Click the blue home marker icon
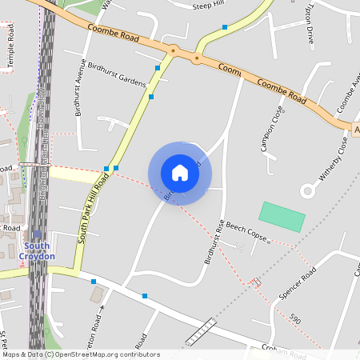[x=180, y=172]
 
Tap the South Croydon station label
[x=38, y=250]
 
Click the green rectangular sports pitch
[x=282, y=217]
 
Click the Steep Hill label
[x=210, y=6]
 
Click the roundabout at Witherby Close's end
[x=308, y=190]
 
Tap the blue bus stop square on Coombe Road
[x=225, y=27]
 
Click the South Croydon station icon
[x=37, y=234]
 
